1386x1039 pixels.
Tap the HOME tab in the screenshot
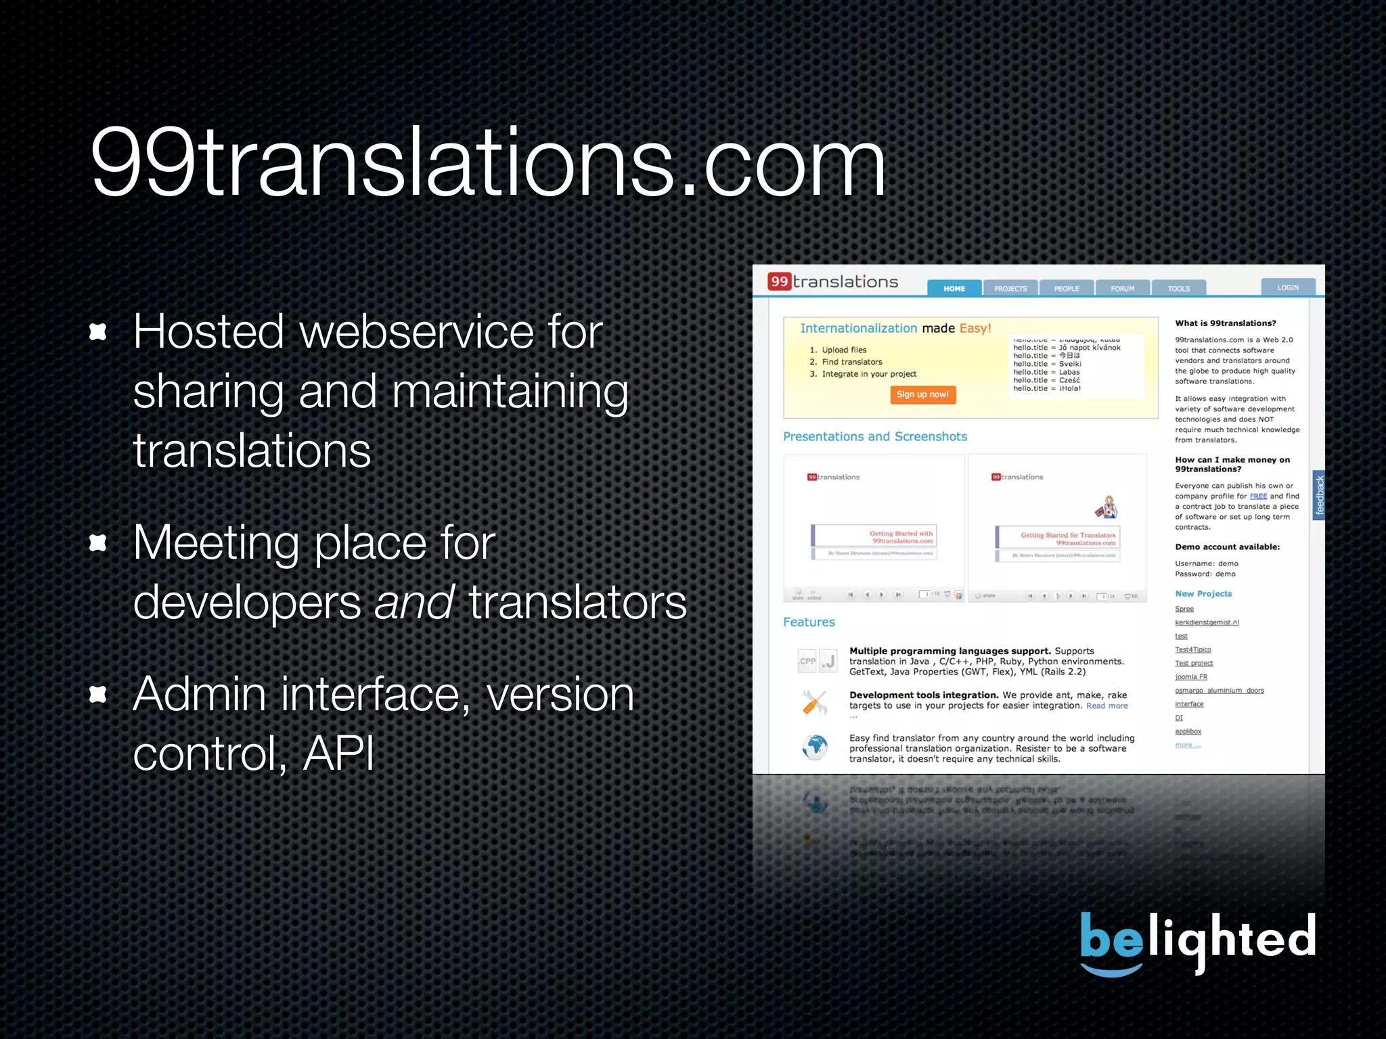click(x=954, y=288)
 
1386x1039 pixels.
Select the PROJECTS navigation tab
click(x=1010, y=288)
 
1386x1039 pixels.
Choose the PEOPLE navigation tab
click(x=1067, y=288)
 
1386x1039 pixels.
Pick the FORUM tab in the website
click(x=1122, y=288)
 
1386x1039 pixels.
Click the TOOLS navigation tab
click(x=1178, y=288)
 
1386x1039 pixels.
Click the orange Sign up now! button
click(x=922, y=394)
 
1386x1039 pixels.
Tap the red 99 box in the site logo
click(x=780, y=281)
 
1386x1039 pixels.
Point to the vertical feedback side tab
click(x=1319, y=495)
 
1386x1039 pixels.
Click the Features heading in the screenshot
click(x=809, y=622)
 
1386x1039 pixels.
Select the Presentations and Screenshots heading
click(x=875, y=437)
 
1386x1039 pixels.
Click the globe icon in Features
click(x=815, y=747)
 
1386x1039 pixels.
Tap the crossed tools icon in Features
click(x=815, y=703)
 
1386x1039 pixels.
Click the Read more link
click(x=1107, y=706)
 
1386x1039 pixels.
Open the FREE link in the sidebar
click(x=1258, y=496)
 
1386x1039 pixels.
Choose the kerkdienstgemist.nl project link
click(x=1207, y=622)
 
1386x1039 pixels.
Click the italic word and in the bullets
click(x=413, y=602)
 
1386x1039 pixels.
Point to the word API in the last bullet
click(x=338, y=753)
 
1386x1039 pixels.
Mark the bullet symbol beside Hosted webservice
click(x=99, y=331)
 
